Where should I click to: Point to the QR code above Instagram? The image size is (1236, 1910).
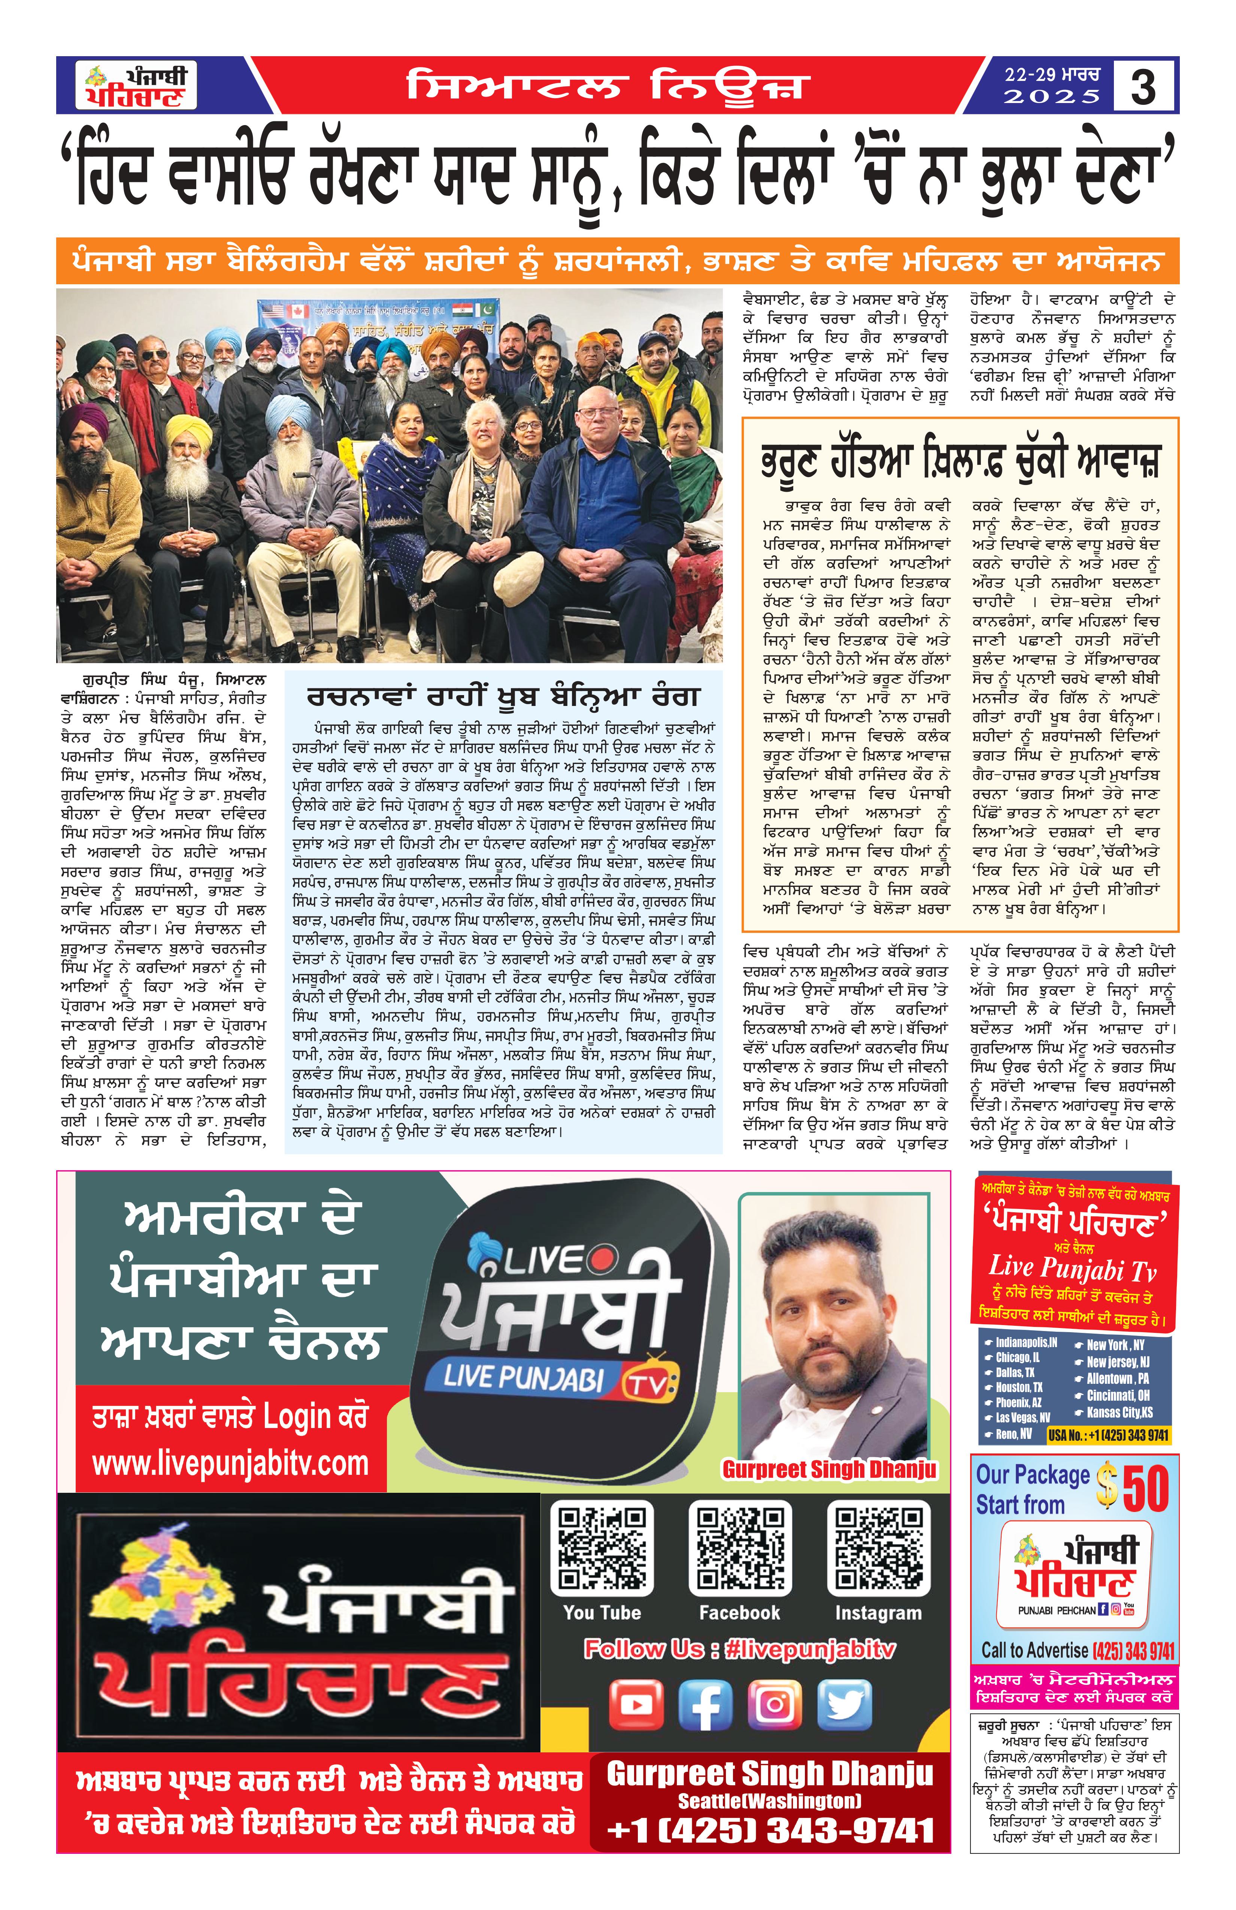(x=879, y=1549)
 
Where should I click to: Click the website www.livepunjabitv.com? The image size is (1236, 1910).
(x=230, y=1464)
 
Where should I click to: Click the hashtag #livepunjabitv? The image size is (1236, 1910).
(x=809, y=1650)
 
